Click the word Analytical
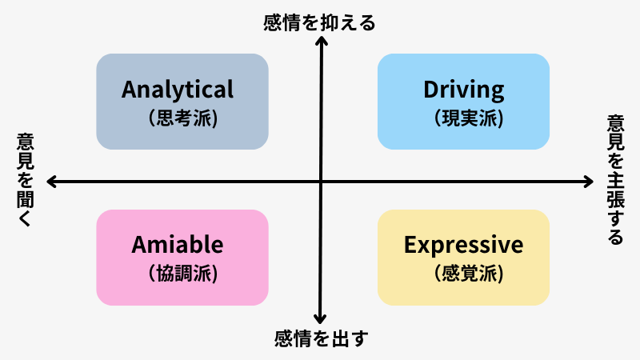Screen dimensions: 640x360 point(178,90)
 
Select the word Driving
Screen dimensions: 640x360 point(464,90)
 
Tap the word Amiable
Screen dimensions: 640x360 point(178,245)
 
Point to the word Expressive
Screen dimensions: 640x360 point(464,246)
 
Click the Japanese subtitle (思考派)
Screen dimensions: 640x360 point(182,118)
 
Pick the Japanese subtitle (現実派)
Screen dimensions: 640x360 point(469,118)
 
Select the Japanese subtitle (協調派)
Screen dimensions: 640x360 point(182,273)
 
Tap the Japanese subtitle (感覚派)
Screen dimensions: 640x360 point(469,273)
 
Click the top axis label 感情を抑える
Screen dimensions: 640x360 point(319,23)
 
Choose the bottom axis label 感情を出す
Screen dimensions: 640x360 point(322,338)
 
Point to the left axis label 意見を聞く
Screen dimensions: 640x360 point(26,179)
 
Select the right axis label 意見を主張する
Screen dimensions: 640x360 point(615,180)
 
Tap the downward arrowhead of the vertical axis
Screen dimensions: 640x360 point(320,319)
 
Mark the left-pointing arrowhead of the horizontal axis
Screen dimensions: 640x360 point(50,182)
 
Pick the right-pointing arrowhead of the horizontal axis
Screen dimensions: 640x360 point(590,182)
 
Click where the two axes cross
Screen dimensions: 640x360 point(321,182)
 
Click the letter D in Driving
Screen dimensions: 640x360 point(431,89)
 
